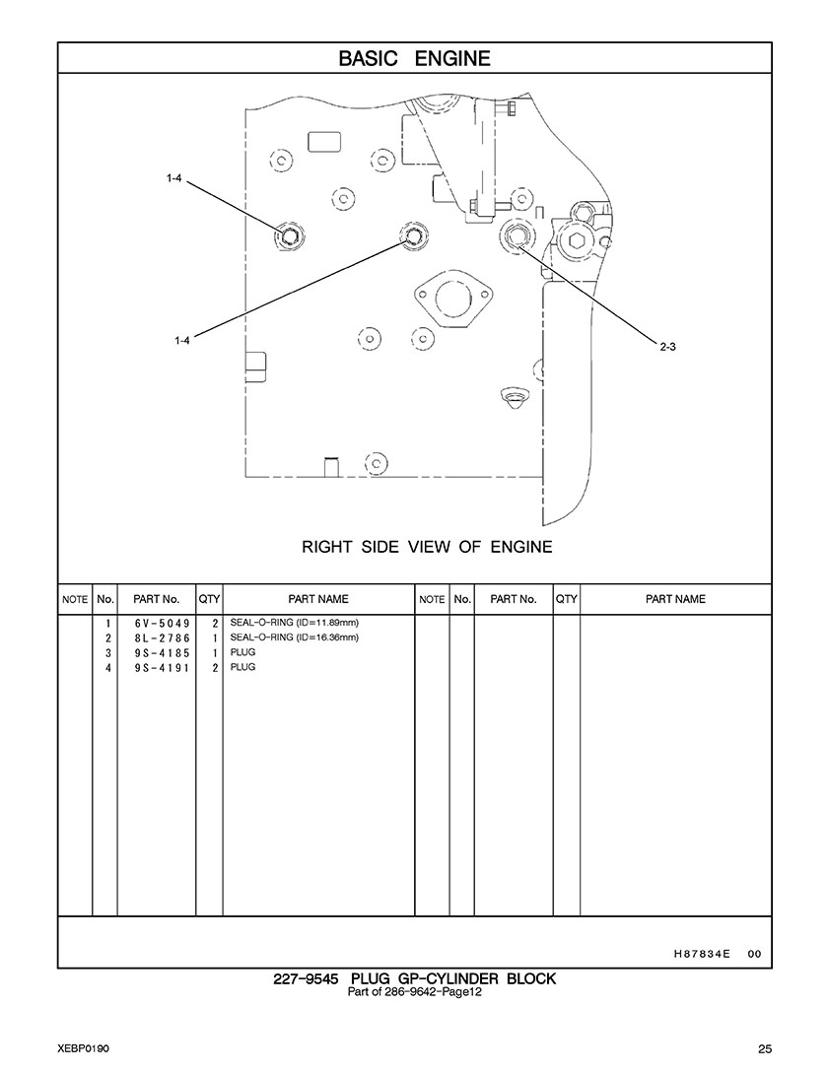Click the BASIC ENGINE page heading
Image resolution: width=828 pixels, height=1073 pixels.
(414, 58)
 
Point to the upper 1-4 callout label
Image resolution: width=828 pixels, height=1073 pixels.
(173, 178)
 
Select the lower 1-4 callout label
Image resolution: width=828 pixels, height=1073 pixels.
(181, 340)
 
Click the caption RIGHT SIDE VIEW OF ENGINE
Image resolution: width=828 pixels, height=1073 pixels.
(427, 547)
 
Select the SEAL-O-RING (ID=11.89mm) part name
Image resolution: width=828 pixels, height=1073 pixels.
(294, 624)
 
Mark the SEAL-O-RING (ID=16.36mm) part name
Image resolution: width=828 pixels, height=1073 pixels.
(294, 638)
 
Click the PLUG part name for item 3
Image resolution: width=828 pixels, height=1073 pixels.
(242, 653)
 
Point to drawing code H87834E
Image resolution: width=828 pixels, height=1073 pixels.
(701, 954)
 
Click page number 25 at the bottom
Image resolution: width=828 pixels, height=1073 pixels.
(765, 1047)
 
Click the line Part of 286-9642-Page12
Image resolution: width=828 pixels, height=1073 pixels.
(414, 992)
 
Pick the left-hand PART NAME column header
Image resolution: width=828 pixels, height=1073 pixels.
(317, 599)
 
